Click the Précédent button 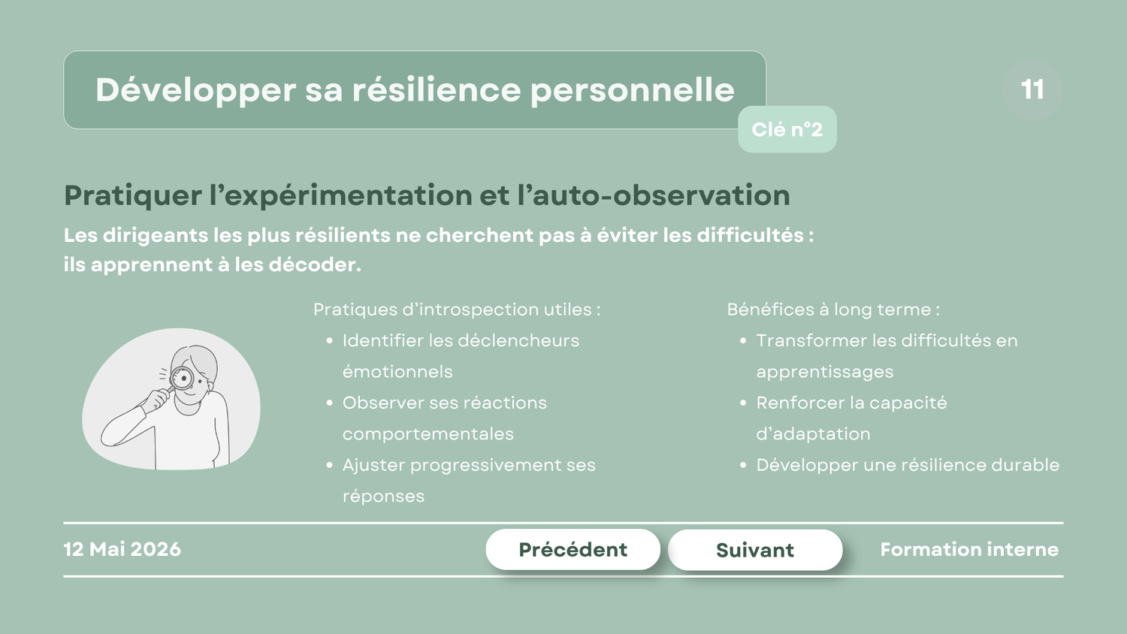[x=573, y=549]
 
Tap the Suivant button [x=755, y=550]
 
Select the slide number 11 [x=1032, y=89]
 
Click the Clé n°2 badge [x=787, y=129]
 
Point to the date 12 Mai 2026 [x=122, y=549]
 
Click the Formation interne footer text [x=969, y=549]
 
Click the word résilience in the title [x=437, y=90]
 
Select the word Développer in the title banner [x=195, y=91]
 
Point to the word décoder [x=315, y=264]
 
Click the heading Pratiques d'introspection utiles [x=457, y=309]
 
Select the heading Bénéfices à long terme [x=833, y=309]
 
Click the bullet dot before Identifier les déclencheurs [x=330, y=341]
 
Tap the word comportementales [x=428, y=434]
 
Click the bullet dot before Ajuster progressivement [x=330, y=466]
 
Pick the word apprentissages [x=825, y=373]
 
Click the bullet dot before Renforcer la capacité [x=743, y=403]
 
